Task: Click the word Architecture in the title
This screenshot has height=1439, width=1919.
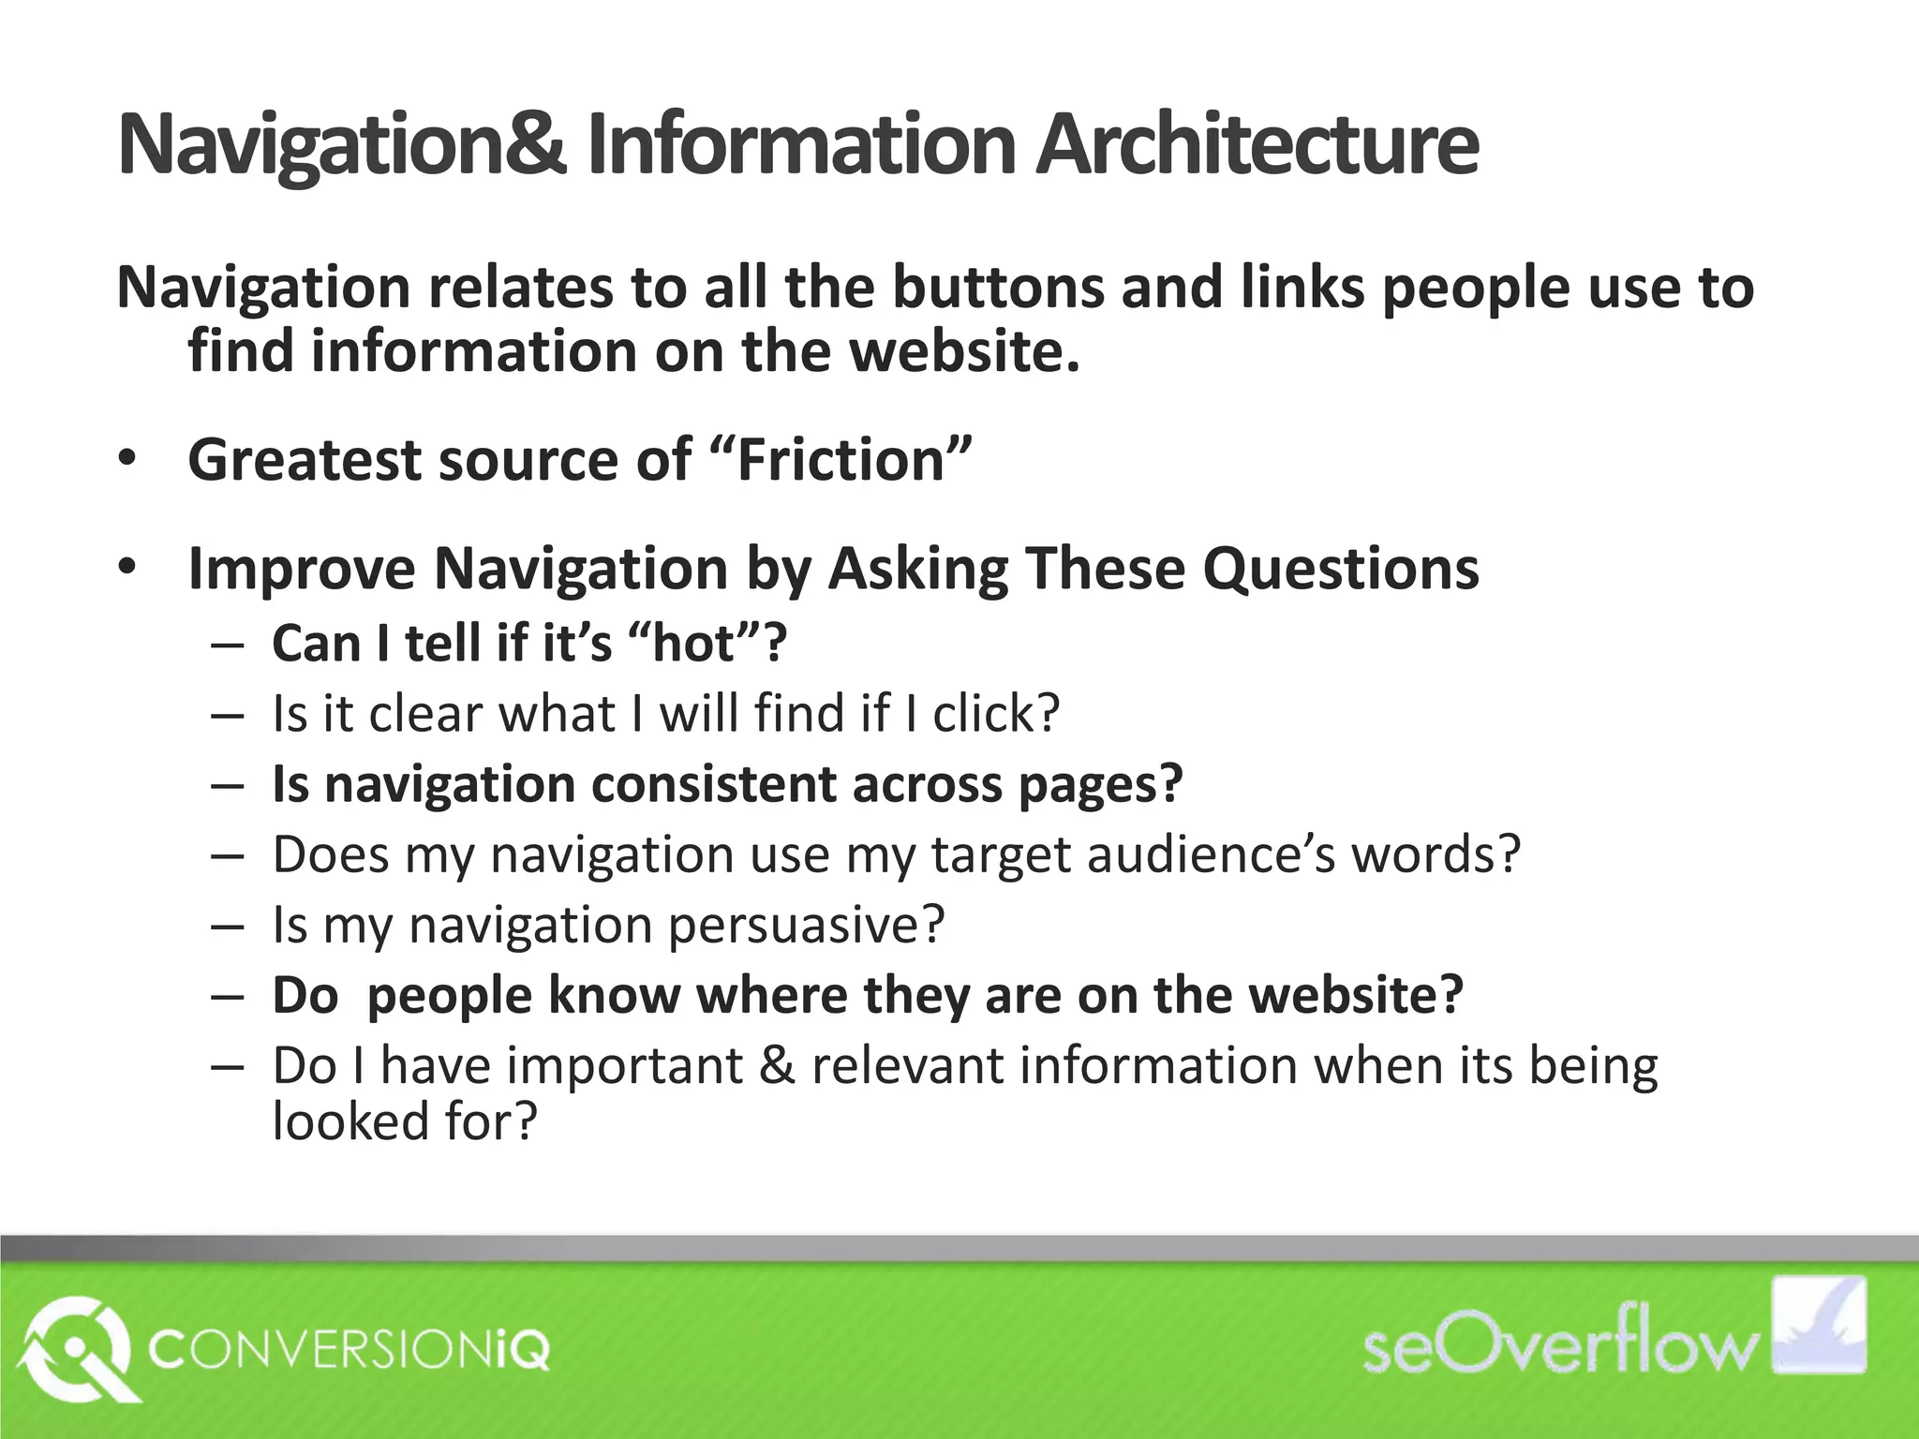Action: [x=1257, y=145]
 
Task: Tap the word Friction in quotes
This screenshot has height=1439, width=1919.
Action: [x=840, y=461]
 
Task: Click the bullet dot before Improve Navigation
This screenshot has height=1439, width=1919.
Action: [x=127, y=568]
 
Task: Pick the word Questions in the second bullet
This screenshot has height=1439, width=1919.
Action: [x=1341, y=569]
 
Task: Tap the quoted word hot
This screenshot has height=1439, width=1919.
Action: [x=695, y=644]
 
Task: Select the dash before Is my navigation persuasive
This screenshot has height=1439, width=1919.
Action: [x=227, y=926]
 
